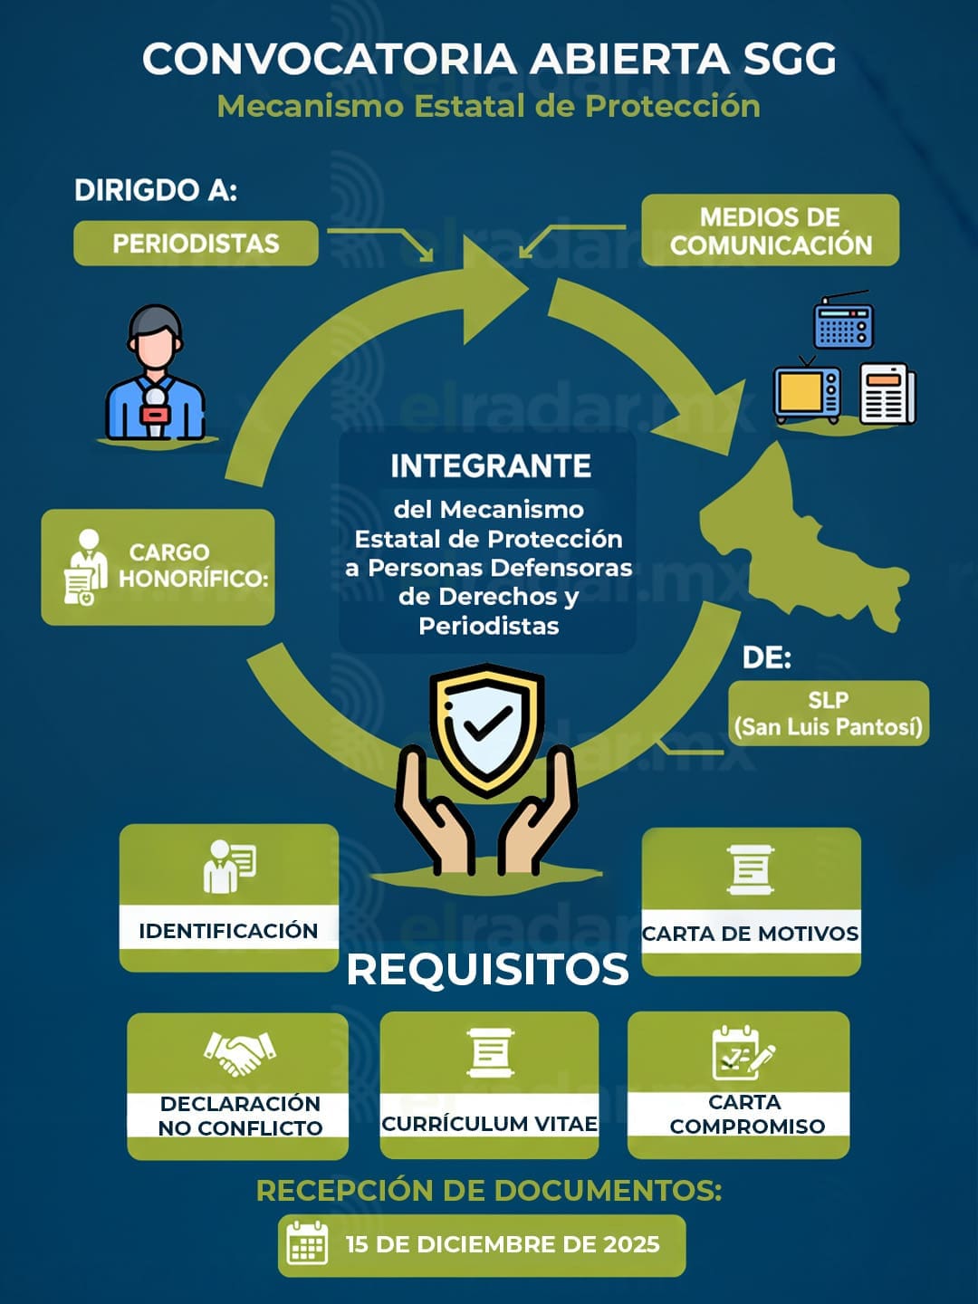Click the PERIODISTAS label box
point(196,243)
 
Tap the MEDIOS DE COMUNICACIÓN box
point(770,230)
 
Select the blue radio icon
point(843,321)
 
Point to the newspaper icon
point(887,394)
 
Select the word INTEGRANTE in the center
point(491,466)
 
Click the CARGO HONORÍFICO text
point(194,565)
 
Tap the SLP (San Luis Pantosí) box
point(829,713)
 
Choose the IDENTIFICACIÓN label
point(228,931)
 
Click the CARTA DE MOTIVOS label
point(751,934)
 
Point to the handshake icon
point(239,1053)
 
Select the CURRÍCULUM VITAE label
point(489,1124)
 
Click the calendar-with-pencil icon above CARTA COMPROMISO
point(743,1052)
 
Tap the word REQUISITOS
point(487,970)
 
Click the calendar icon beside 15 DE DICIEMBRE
point(307,1243)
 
